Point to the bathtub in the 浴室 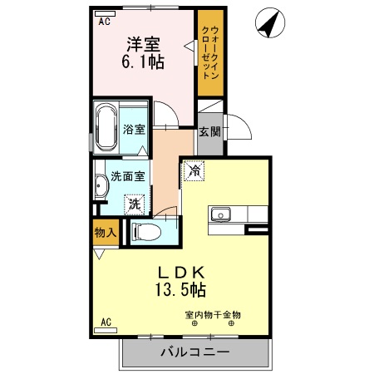tap(106, 129)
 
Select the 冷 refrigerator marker tap(194, 172)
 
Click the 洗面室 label tap(127, 176)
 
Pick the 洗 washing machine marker tap(134, 201)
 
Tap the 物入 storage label tap(105, 234)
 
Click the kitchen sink tap(222, 214)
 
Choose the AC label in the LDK tap(106, 321)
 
